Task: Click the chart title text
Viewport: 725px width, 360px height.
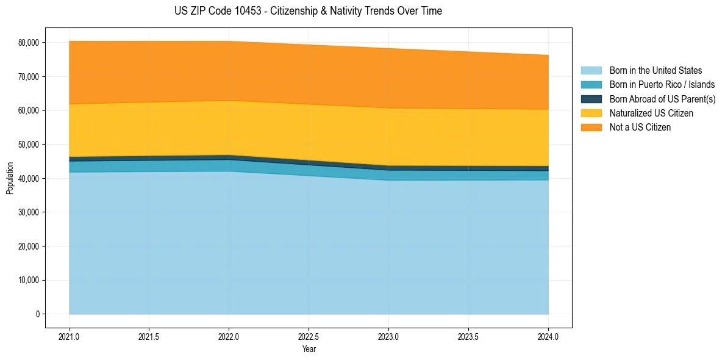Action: click(308, 11)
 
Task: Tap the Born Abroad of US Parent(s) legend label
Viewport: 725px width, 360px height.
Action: click(662, 99)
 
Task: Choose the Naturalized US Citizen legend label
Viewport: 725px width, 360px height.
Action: click(651, 113)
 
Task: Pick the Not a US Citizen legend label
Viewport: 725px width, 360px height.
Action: click(640, 128)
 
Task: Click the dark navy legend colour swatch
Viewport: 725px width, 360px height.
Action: click(591, 99)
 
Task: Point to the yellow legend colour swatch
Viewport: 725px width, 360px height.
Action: click(591, 113)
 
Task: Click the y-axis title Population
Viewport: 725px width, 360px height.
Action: click(10, 178)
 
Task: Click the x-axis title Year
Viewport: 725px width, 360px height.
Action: click(309, 350)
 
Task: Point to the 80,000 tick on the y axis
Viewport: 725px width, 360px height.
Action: click(28, 43)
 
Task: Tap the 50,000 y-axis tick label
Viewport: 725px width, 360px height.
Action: click(28, 145)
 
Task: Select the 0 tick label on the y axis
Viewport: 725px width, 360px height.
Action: click(37, 314)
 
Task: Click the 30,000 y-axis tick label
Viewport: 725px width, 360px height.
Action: click(28, 212)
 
